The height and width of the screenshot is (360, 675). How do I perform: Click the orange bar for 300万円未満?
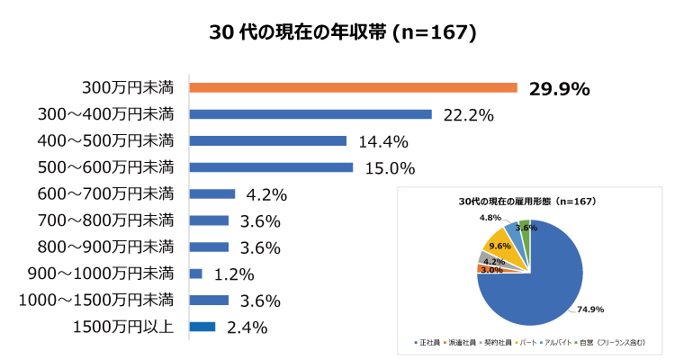tap(353, 87)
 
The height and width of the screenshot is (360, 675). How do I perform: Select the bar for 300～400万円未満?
tap(310, 114)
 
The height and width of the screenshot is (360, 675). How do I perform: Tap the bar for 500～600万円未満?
tap(271, 167)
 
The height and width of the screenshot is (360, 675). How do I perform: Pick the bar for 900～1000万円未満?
tap(196, 274)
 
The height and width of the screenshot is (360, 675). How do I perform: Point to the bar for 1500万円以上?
tap(202, 327)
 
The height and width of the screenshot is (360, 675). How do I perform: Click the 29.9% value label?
tap(559, 88)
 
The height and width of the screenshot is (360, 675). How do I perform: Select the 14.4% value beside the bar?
tap(383, 141)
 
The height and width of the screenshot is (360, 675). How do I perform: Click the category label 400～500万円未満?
tap(106, 140)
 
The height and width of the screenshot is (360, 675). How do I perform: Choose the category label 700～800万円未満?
tap(106, 220)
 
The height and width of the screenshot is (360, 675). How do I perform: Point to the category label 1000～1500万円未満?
tap(98, 300)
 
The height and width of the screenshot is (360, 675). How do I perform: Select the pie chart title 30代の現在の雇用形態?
tap(527, 201)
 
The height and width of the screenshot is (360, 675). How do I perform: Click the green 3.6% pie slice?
tap(525, 233)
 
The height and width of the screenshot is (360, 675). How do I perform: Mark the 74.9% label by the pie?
tap(589, 310)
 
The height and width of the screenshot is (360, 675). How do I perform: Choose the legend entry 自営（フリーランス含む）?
tap(615, 344)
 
